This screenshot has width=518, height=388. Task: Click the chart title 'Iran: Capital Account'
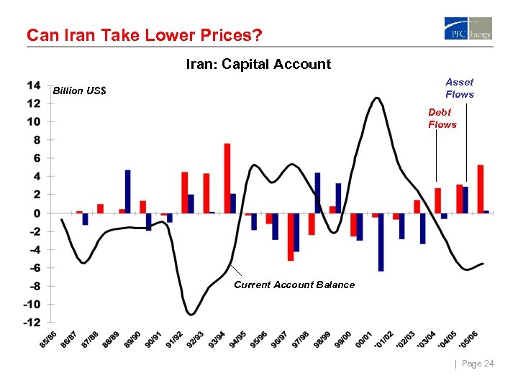(x=258, y=64)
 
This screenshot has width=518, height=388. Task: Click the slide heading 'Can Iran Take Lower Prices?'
(x=144, y=34)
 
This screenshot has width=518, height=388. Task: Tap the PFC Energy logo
(x=468, y=29)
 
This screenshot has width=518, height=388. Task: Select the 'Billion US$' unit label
(x=80, y=91)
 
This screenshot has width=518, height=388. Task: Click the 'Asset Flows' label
(x=459, y=88)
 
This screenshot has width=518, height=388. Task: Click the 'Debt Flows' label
(x=442, y=119)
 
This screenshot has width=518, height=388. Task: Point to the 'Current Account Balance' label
(x=294, y=285)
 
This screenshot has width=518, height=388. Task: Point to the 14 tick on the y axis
(x=34, y=85)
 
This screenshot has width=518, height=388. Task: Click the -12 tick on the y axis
(x=32, y=322)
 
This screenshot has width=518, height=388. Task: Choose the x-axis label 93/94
(x=217, y=339)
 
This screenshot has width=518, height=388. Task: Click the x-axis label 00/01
(x=362, y=339)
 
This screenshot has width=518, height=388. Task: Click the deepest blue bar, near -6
(x=381, y=242)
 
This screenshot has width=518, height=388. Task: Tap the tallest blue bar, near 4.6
(x=127, y=192)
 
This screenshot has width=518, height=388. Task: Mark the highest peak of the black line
(x=376, y=98)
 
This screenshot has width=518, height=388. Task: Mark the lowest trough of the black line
(x=191, y=314)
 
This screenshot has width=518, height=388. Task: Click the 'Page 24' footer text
(x=477, y=364)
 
